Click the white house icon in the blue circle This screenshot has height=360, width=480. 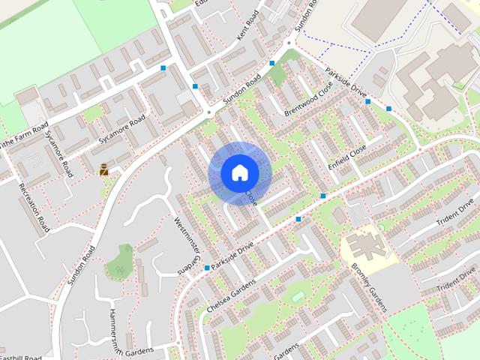[239, 172]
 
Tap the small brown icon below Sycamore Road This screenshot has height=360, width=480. [103, 169]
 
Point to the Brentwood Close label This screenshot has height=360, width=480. [307, 101]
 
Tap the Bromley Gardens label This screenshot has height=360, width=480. [370, 288]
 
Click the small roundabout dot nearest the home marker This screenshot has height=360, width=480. [208, 112]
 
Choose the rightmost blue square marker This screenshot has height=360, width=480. [388, 109]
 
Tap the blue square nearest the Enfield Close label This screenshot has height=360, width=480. [323, 196]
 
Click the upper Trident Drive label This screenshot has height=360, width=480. [457, 214]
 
